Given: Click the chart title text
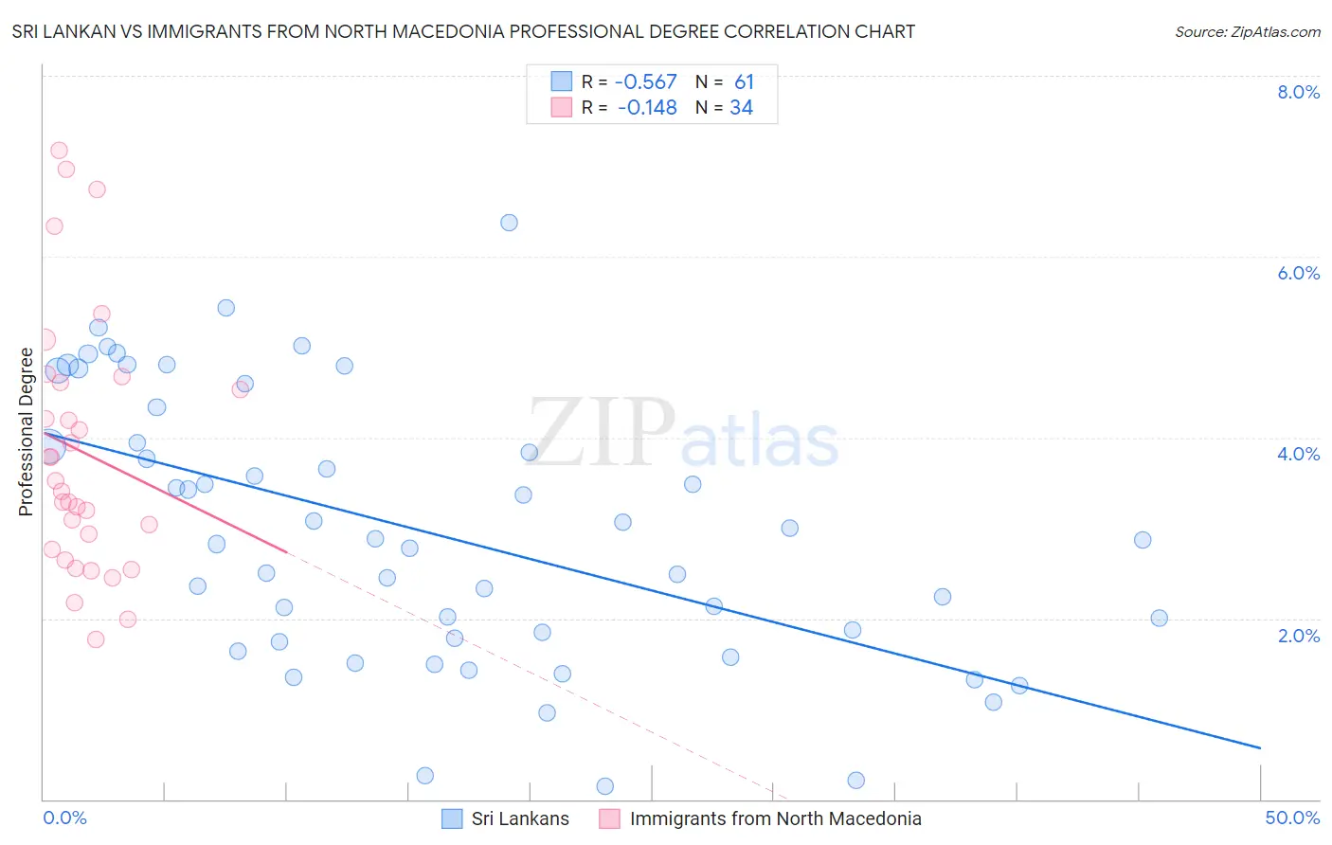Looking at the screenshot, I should (x=463, y=32).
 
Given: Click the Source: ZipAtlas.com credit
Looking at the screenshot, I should (x=1247, y=32).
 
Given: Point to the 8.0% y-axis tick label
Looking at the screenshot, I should (x=1298, y=92).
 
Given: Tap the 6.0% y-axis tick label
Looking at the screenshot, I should (x=1298, y=273).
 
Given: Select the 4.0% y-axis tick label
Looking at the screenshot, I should (x=1298, y=454).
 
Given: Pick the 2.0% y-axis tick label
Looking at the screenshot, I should (x=1298, y=636).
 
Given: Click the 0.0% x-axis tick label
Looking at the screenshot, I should (x=64, y=818).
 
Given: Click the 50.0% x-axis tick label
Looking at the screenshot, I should (x=1292, y=818).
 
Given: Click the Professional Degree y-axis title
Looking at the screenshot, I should (x=26, y=432).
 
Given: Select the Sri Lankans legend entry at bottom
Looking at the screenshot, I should (x=519, y=818).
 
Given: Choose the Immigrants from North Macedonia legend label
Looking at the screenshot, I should (x=775, y=818).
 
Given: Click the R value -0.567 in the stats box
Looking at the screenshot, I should (x=645, y=82).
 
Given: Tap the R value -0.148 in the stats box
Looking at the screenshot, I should (x=647, y=108).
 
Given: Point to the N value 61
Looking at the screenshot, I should (x=744, y=82).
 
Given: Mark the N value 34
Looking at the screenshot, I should (x=741, y=108).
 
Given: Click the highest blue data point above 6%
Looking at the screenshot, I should (x=509, y=223).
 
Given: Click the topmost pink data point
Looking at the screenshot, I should (x=59, y=151).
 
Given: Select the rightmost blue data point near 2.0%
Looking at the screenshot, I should (x=1159, y=619).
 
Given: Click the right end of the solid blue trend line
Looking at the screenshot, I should (x=1260, y=748).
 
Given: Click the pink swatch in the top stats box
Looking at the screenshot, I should (x=562, y=107).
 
